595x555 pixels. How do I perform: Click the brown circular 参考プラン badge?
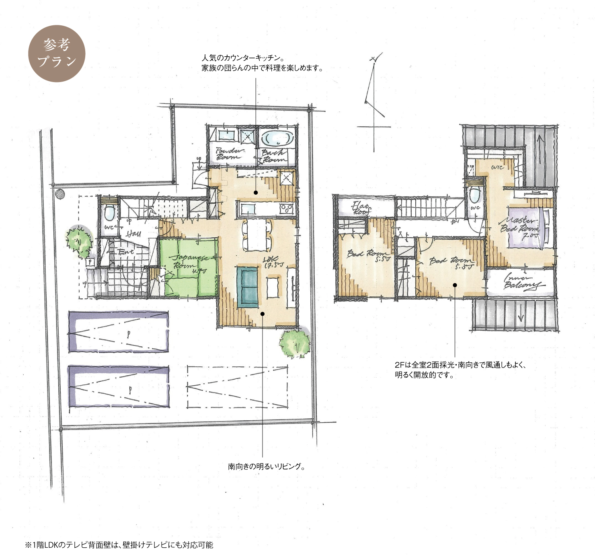tap(57, 53)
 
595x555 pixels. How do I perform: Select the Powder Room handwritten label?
tap(230, 154)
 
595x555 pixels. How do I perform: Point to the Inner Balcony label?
tap(521, 281)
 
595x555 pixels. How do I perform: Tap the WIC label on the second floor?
tap(497, 167)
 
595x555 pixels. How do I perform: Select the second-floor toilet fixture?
tap(475, 195)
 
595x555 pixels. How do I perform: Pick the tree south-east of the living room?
tap(295, 344)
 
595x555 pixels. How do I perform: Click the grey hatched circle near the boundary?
tap(60, 194)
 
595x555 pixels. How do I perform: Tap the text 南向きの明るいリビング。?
tap(266, 467)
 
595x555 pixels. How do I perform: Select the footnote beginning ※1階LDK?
tap(119, 545)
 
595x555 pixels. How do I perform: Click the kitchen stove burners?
tap(287, 208)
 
